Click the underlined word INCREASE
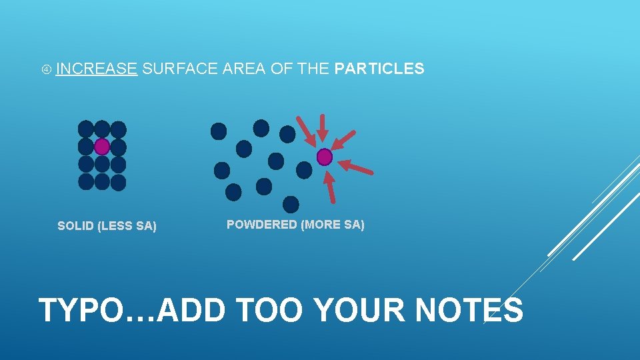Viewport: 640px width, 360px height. (97, 69)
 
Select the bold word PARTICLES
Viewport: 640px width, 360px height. (379, 69)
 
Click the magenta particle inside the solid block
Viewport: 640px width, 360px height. (102, 146)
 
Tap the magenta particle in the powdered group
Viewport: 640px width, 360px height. (324, 157)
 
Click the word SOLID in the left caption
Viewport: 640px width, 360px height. (75, 226)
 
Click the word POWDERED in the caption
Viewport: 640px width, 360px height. (262, 225)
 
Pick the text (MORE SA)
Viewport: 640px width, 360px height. (333, 225)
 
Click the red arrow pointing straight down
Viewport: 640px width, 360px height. (323, 128)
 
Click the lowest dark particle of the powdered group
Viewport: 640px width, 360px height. (291, 204)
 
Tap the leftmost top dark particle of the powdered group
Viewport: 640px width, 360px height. (219, 131)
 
